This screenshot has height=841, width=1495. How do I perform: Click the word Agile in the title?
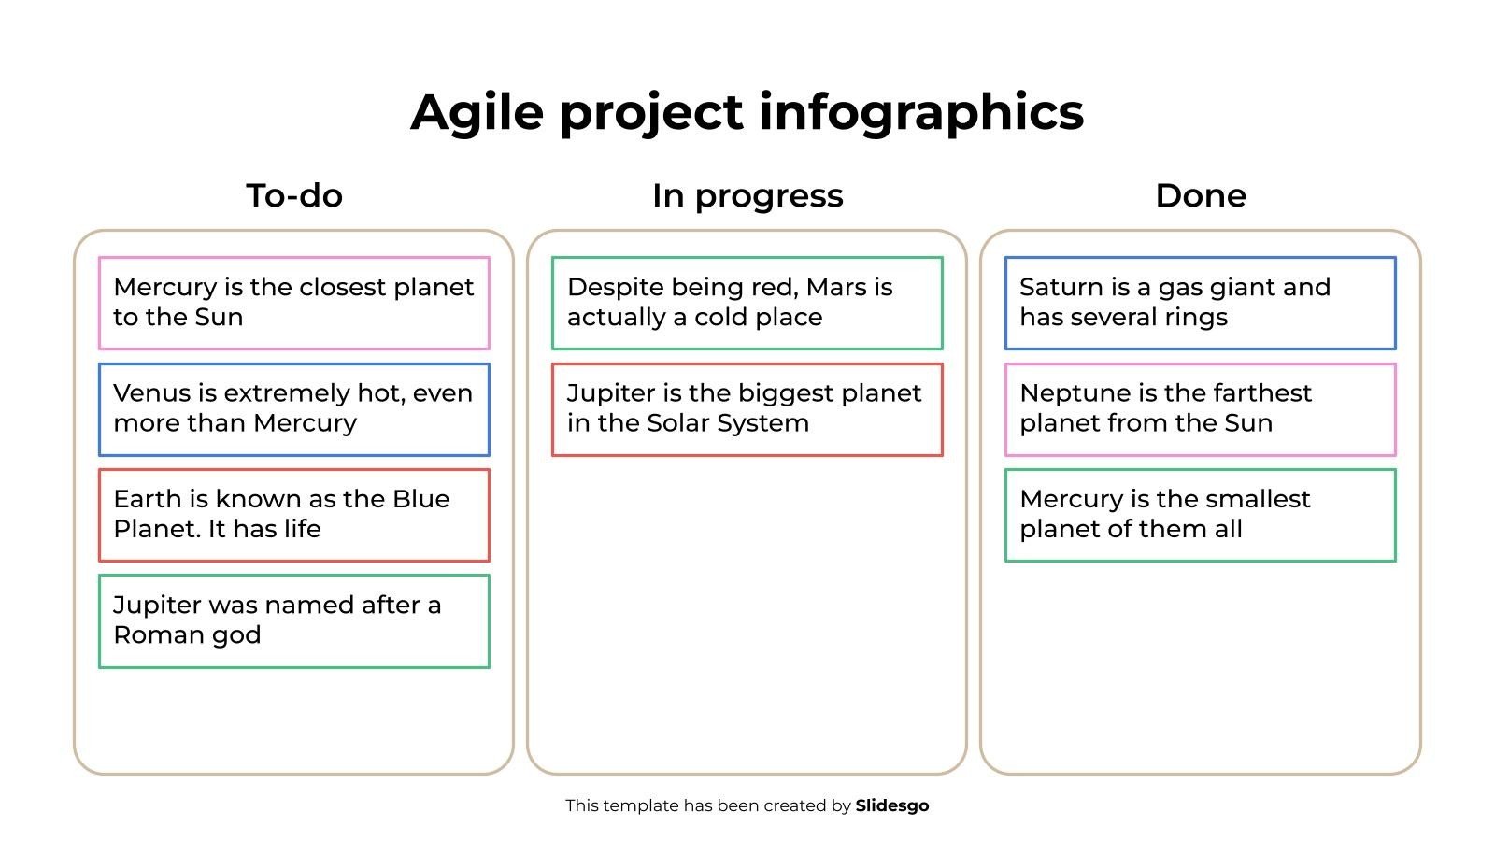pyautogui.click(x=477, y=113)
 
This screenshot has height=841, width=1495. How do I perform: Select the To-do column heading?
pyautogui.click(x=294, y=195)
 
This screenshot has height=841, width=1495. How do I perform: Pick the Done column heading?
pyautogui.click(x=1201, y=195)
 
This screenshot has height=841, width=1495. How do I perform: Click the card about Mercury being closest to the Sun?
pyautogui.click(x=294, y=303)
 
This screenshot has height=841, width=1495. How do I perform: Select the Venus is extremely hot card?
pyautogui.click(x=294, y=410)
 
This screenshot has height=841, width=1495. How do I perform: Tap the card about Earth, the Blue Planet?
pyautogui.click(x=294, y=515)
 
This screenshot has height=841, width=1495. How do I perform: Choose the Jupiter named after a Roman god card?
pyautogui.click(x=294, y=621)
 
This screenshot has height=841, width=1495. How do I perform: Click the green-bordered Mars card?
pyautogui.click(x=747, y=303)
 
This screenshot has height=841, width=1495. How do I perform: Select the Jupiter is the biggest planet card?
pyautogui.click(x=747, y=410)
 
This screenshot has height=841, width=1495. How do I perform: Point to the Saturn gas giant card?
pyautogui.click(x=1201, y=303)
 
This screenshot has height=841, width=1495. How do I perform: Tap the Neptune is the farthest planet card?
pyautogui.click(x=1201, y=410)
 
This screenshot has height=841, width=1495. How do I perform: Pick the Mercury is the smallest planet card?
pyautogui.click(x=1201, y=515)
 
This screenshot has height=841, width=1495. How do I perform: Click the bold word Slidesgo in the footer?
pyautogui.click(x=892, y=806)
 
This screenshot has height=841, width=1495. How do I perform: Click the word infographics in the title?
pyautogui.click(x=921, y=113)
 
